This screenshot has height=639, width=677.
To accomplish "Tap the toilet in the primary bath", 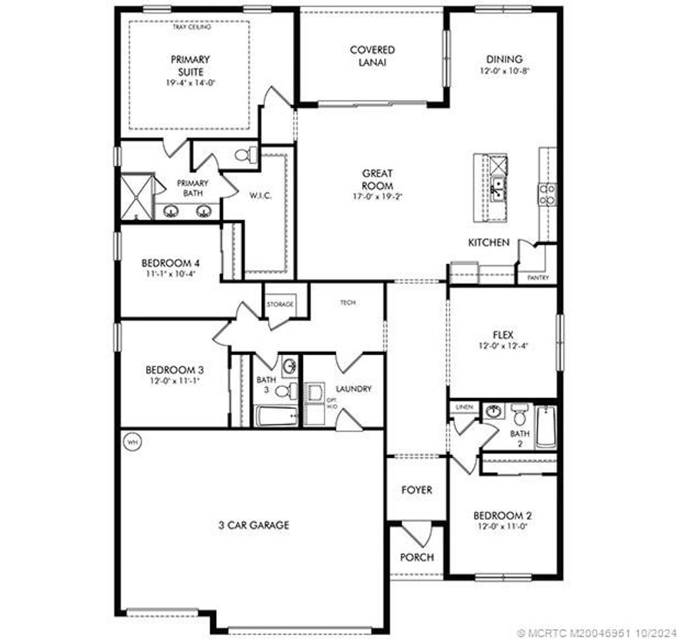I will pyautogui.click(x=243, y=155).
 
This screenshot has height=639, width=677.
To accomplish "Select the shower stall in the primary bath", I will pyautogui.click(x=136, y=196).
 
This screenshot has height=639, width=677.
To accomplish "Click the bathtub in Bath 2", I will pyautogui.click(x=545, y=427).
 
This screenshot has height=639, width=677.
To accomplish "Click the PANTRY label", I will pyautogui.click(x=538, y=278).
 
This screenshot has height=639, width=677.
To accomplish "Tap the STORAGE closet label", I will pyautogui.click(x=280, y=304).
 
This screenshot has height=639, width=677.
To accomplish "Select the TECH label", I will pyautogui.click(x=348, y=302).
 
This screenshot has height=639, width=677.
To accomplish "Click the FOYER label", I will pyautogui.click(x=417, y=490).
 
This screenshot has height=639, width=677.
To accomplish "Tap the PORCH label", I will pyautogui.click(x=417, y=557).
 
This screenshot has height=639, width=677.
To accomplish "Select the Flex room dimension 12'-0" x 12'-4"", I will pyautogui.click(x=503, y=345).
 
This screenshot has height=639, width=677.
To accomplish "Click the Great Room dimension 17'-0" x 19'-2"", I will pyautogui.click(x=377, y=196).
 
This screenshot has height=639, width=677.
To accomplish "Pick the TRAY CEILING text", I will pyautogui.click(x=191, y=28).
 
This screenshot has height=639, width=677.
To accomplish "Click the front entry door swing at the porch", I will pyautogui.click(x=416, y=533).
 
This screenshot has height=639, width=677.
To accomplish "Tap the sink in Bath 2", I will pyautogui.click(x=493, y=412).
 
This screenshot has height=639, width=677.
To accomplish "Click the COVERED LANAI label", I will pyautogui.click(x=372, y=56).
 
